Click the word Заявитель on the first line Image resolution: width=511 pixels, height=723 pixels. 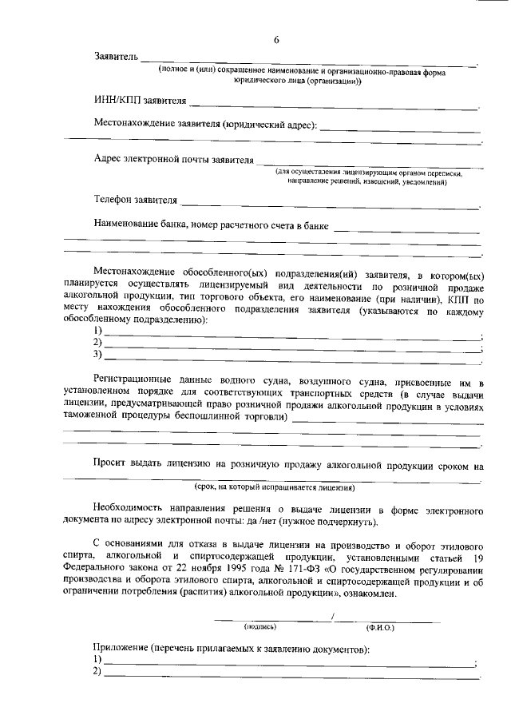tap(117, 58)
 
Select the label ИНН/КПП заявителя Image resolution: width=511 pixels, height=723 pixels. tap(141, 101)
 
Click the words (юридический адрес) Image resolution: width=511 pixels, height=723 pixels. tap(271, 125)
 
